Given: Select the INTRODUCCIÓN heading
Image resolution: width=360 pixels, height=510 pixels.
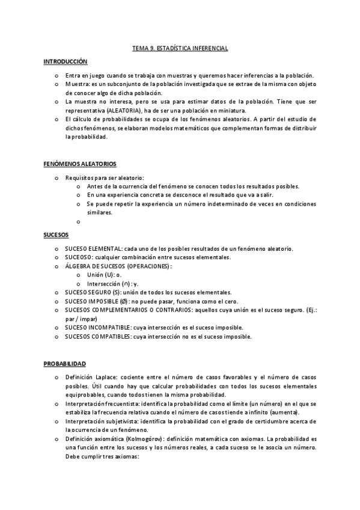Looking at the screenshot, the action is click(x=66, y=62).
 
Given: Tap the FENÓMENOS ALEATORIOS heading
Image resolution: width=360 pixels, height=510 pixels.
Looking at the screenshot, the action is click(x=80, y=164).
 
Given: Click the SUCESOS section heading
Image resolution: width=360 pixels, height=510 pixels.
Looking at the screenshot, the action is click(x=56, y=234).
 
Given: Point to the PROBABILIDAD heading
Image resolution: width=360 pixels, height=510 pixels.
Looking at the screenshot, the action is click(x=64, y=364).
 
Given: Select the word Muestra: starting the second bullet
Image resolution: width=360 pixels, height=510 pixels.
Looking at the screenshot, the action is click(x=78, y=84).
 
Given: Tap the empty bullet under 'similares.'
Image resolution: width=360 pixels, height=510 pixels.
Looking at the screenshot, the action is click(x=79, y=221).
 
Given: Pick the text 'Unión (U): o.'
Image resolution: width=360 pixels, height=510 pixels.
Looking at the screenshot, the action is click(x=104, y=274).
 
